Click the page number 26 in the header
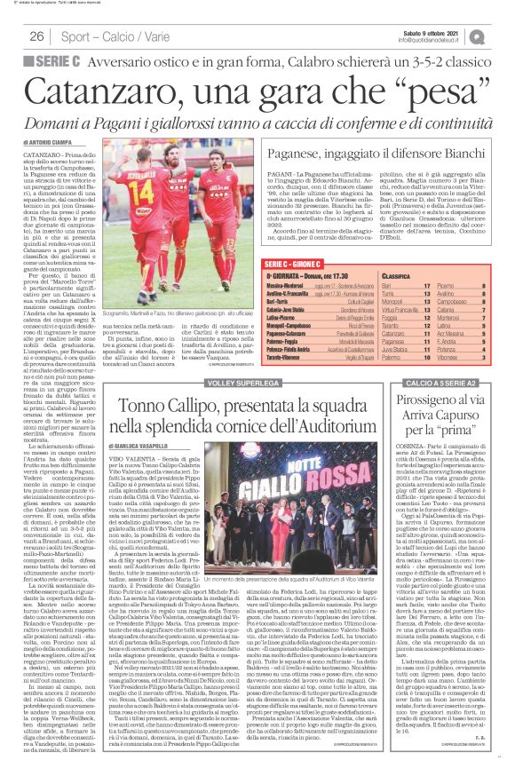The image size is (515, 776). [x=38, y=36]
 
